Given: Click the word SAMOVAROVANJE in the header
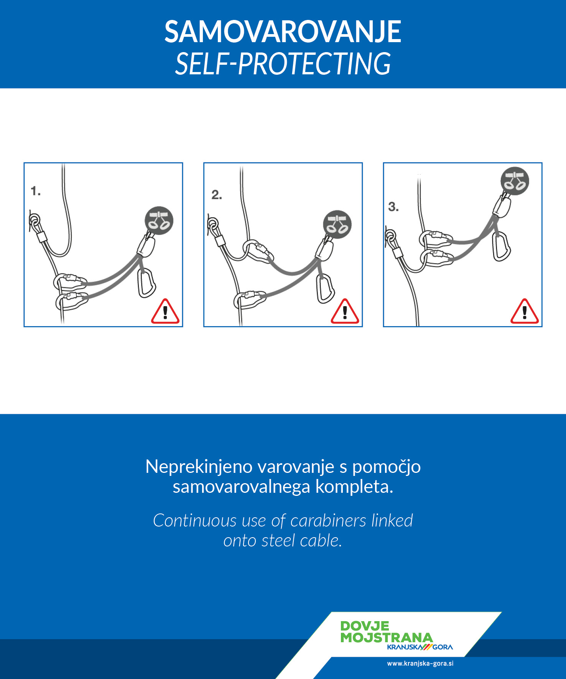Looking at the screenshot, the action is click(283, 32).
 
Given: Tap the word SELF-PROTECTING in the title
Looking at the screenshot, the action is click(283, 64).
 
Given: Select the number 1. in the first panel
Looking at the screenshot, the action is click(36, 191).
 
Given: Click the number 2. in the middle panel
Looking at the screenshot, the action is click(217, 195).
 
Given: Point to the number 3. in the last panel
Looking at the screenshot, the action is click(393, 207).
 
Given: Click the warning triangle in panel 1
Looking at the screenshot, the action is click(165, 311).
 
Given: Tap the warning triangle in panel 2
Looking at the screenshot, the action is click(345, 311).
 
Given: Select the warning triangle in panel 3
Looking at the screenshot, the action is click(525, 311).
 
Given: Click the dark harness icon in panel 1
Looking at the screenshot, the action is click(159, 221).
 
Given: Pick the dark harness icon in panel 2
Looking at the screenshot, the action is click(337, 224).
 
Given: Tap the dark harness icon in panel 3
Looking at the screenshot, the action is click(515, 181).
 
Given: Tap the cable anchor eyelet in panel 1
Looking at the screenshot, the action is click(35, 220).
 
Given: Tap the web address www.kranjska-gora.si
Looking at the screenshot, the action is click(420, 663).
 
